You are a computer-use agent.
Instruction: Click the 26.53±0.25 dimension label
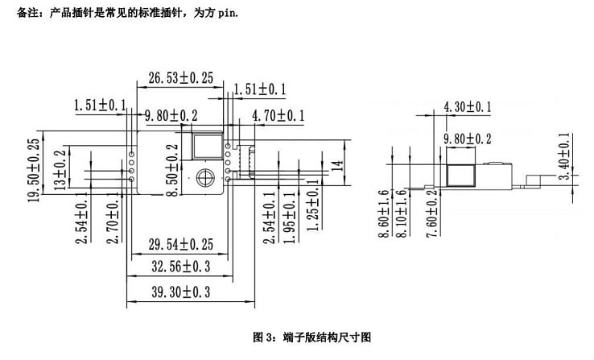181,78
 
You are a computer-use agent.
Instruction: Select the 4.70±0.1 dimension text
278,116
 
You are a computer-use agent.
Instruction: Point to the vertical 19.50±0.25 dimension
34,170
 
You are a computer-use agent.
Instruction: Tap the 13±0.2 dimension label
60,170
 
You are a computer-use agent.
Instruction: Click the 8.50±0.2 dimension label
172,170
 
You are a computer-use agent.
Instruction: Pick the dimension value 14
337,166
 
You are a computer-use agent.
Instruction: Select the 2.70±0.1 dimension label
113,218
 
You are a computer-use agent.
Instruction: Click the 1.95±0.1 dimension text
290,217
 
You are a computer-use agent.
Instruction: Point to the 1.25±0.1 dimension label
313,205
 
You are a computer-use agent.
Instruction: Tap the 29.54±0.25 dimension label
181,244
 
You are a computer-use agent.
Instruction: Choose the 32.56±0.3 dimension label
181,267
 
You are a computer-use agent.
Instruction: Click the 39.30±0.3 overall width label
181,292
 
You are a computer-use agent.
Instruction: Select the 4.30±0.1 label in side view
468,107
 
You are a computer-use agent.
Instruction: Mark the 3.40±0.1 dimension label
564,156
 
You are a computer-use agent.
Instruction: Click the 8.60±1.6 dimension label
384,213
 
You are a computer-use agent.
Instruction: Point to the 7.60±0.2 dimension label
431,213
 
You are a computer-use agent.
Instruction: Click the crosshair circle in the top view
205,177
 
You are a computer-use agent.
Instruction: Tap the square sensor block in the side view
460,176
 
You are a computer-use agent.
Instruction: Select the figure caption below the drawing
312,337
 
